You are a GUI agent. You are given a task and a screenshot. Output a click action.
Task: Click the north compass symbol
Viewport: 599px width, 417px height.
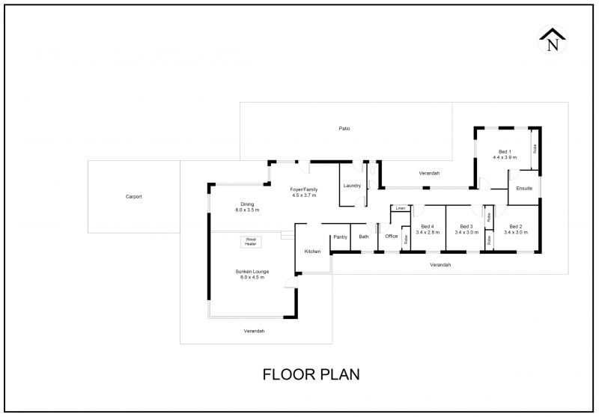[553, 40]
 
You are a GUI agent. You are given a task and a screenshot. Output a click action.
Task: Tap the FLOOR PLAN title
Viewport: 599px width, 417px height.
[311, 374]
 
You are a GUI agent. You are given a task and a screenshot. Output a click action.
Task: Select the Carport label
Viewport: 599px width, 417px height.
[134, 197]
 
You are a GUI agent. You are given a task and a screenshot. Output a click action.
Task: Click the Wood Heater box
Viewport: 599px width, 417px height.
[251, 242]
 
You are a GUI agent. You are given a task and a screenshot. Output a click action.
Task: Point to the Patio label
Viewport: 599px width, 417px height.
[344, 129]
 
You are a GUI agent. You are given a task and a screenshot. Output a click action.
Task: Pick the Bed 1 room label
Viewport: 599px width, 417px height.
[505, 151]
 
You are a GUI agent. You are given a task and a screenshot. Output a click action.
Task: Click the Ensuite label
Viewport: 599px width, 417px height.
[524, 188]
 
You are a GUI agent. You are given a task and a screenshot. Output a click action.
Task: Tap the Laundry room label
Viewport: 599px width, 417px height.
[352, 186]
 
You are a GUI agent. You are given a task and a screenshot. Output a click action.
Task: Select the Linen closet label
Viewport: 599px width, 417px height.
[401, 208]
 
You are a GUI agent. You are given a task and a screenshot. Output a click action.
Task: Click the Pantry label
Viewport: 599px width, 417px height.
[341, 237]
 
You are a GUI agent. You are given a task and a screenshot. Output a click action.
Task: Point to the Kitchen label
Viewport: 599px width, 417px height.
[312, 252]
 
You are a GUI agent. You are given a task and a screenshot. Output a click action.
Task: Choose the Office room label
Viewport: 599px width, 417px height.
[391, 237]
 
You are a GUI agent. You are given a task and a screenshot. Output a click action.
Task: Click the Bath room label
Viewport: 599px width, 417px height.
[364, 237]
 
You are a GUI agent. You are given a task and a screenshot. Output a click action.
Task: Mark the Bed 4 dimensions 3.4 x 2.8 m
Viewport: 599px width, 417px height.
[428, 232]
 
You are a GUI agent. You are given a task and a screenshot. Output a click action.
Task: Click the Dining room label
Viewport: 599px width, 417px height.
[247, 204]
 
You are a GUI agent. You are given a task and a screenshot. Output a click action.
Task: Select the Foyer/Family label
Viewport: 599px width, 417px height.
[304, 189]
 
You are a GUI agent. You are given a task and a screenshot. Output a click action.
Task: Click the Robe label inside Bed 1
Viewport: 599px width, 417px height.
[535, 148]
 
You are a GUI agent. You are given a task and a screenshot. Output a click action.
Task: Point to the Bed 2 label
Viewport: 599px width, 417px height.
[516, 226]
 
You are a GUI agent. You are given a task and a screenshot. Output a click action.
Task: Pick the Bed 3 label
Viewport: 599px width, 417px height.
[466, 226]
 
